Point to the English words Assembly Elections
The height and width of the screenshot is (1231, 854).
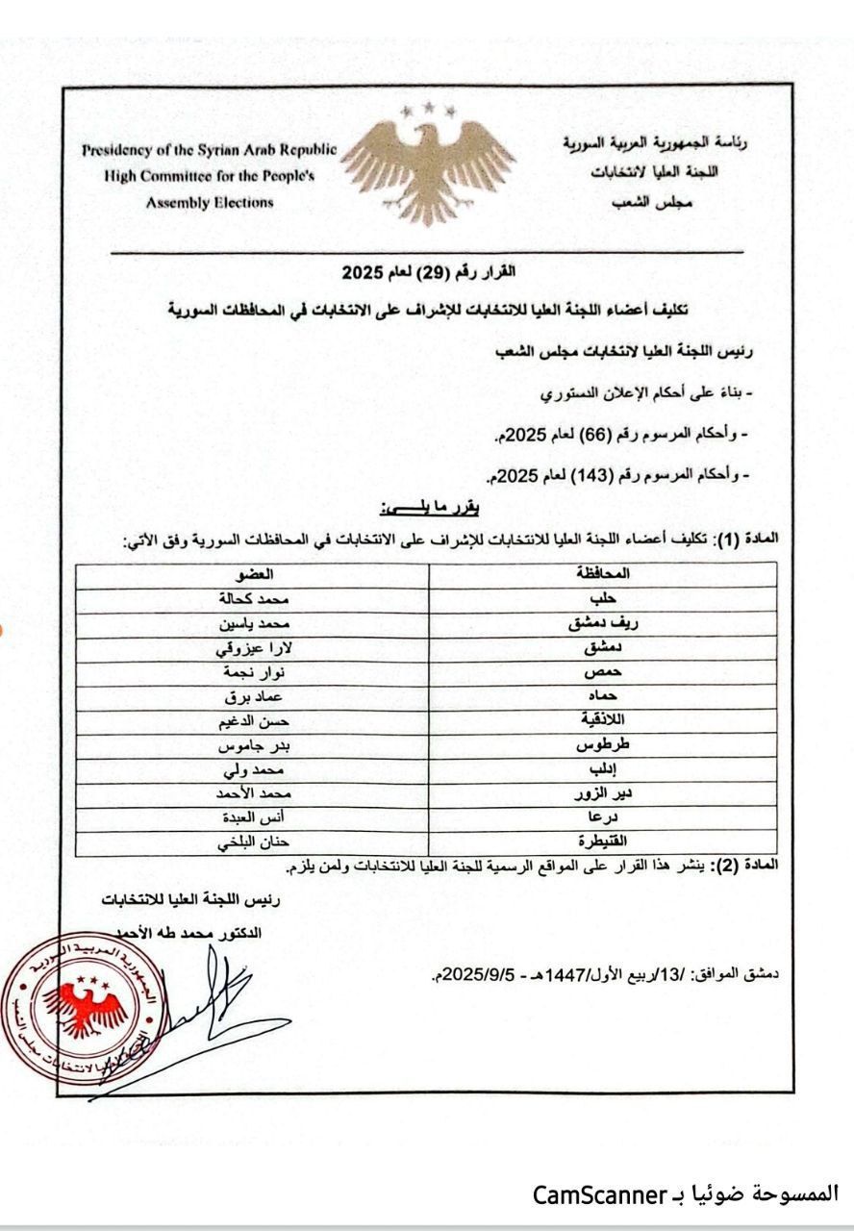pyautogui.click(x=210, y=203)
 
